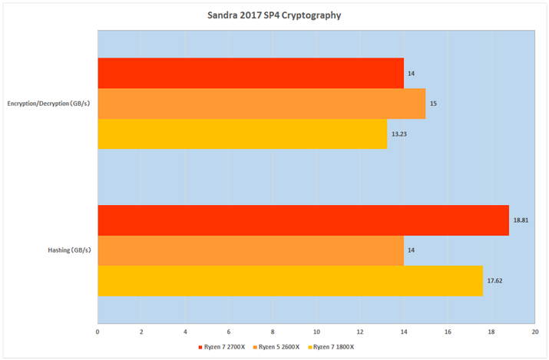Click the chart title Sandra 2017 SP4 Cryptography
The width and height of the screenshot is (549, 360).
coord(273,15)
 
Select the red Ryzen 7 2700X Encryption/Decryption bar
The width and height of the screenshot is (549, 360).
coord(250,73)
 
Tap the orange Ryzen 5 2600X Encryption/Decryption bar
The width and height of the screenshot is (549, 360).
coord(261,103)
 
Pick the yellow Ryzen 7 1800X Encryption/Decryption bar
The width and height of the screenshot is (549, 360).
coord(242,133)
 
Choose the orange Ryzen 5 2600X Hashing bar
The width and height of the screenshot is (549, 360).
coord(250,250)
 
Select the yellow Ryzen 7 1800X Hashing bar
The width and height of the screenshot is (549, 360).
coord(289,280)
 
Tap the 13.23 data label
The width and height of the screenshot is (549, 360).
coord(400,134)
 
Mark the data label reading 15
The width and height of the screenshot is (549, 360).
coord(433,103)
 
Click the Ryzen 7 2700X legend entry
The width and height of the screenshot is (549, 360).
coord(222,347)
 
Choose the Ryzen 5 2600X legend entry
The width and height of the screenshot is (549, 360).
coord(278,347)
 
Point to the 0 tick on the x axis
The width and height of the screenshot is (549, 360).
coord(98,332)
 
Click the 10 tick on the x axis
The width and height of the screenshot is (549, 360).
coord(316,332)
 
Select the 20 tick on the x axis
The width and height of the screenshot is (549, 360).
coord(534,332)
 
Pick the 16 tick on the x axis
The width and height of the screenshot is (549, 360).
coord(448,332)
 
